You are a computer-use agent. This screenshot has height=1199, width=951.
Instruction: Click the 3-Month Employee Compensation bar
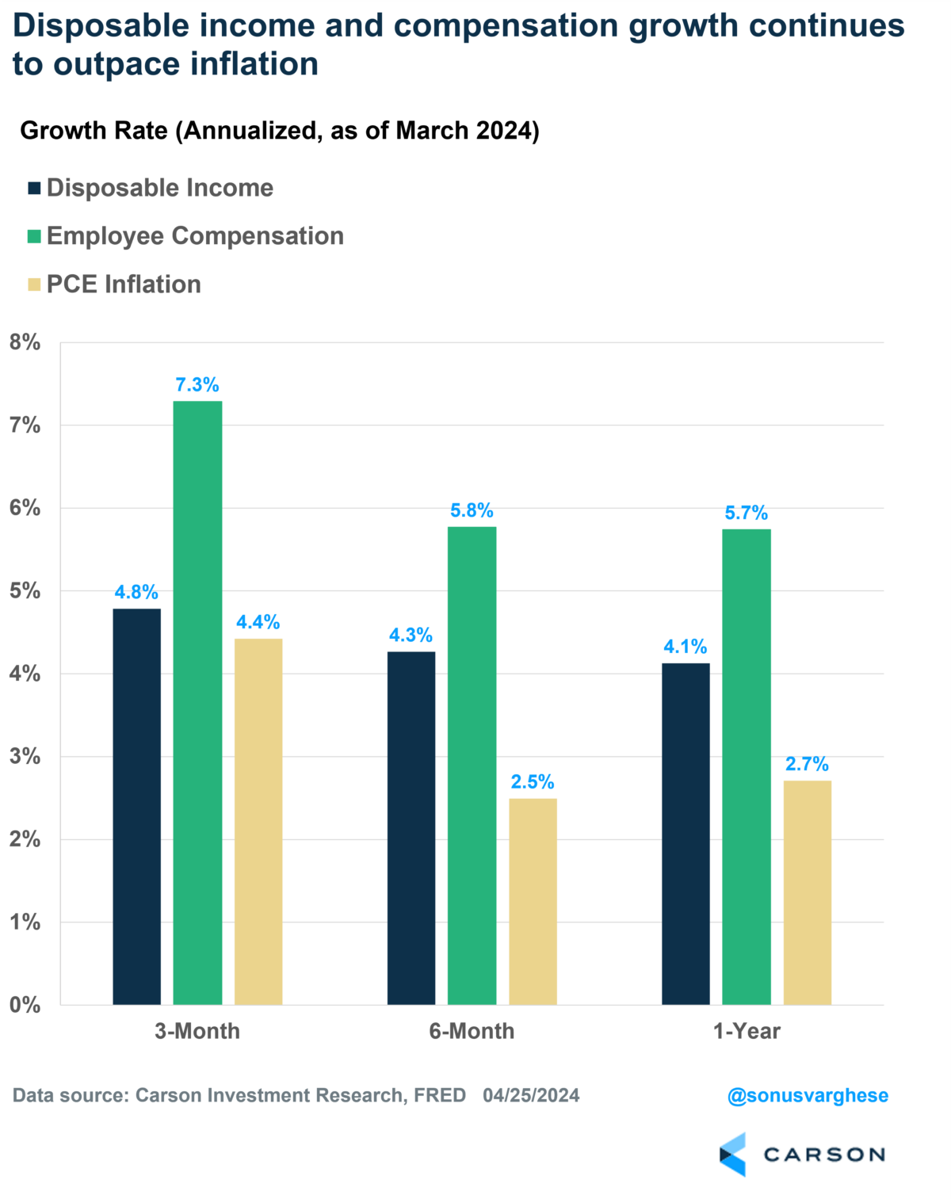pyautogui.click(x=197, y=702)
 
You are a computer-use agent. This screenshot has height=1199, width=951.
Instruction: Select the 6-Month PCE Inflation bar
pyautogui.click(x=533, y=901)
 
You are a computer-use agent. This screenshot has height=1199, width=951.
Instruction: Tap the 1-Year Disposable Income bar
pyautogui.click(x=686, y=834)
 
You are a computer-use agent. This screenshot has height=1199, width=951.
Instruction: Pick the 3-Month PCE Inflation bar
pyautogui.click(x=258, y=821)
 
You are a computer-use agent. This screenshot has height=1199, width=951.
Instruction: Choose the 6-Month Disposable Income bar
pyautogui.click(x=411, y=827)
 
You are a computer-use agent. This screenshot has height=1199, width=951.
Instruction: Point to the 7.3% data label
pyautogui.click(x=197, y=385)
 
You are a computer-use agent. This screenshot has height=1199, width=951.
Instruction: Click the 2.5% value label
pyautogui.click(x=533, y=782)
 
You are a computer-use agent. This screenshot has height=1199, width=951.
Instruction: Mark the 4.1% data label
pyautogui.click(x=686, y=647)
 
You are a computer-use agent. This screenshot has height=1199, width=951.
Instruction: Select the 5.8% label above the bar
pyautogui.click(x=472, y=510)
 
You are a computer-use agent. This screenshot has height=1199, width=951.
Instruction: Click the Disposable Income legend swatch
pyautogui.click(x=34, y=189)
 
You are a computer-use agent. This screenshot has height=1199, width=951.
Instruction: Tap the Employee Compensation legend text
pyautogui.click(x=195, y=236)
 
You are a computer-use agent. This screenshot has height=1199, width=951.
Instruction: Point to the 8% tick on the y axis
pyautogui.click(x=25, y=342)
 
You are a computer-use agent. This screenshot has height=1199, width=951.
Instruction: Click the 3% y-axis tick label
pyautogui.click(x=25, y=756)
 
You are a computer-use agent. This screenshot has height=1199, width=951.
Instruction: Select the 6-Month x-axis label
pyautogui.click(x=472, y=1031)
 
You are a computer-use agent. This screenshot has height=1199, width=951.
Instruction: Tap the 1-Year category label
pyautogui.click(x=747, y=1031)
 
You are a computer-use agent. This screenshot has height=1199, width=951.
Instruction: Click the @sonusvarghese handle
pyautogui.click(x=808, y=1095)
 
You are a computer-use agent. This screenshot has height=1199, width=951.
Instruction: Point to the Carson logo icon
pyautogui.click(x=733, y=1155)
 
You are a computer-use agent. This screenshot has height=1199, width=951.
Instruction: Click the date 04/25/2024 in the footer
pyautogui.click(x=531, y=1095)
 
